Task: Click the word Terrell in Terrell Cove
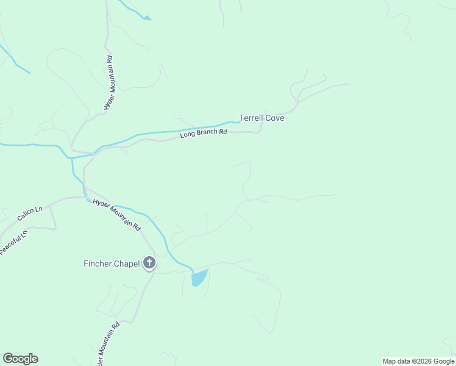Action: coord(251,118)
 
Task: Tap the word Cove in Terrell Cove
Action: coord(274,118)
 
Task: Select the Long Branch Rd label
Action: coord(204,132)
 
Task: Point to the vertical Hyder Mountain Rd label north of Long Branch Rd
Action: coord(108,83)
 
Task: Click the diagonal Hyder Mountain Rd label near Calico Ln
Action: coord(116,214)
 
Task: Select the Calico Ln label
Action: coord(29,213)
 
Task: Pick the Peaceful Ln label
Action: coord(13,242)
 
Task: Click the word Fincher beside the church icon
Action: coord(98,264)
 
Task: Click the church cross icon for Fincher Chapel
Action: coord(149,264)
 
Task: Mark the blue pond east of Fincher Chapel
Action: coord(199,278)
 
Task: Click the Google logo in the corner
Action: coord(20,359)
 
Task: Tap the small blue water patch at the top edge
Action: coord(146,18)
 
